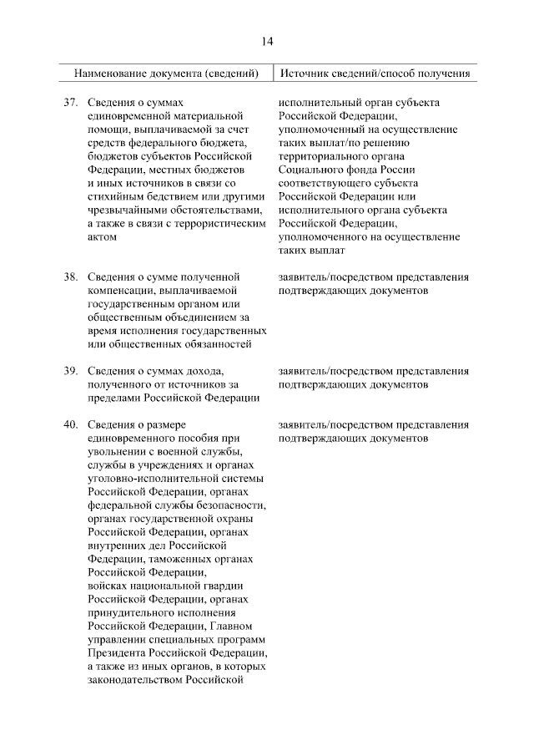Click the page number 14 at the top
pos(267,41)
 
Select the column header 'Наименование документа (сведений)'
pos(167,74)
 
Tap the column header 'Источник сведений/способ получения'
pos(375,74)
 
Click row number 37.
pos(71,103)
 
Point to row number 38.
pos(71,277)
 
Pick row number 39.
pos(71,371)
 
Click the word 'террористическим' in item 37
pos(223,223)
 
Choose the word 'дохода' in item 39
pos(203,371)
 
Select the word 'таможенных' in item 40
pos(174,559)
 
